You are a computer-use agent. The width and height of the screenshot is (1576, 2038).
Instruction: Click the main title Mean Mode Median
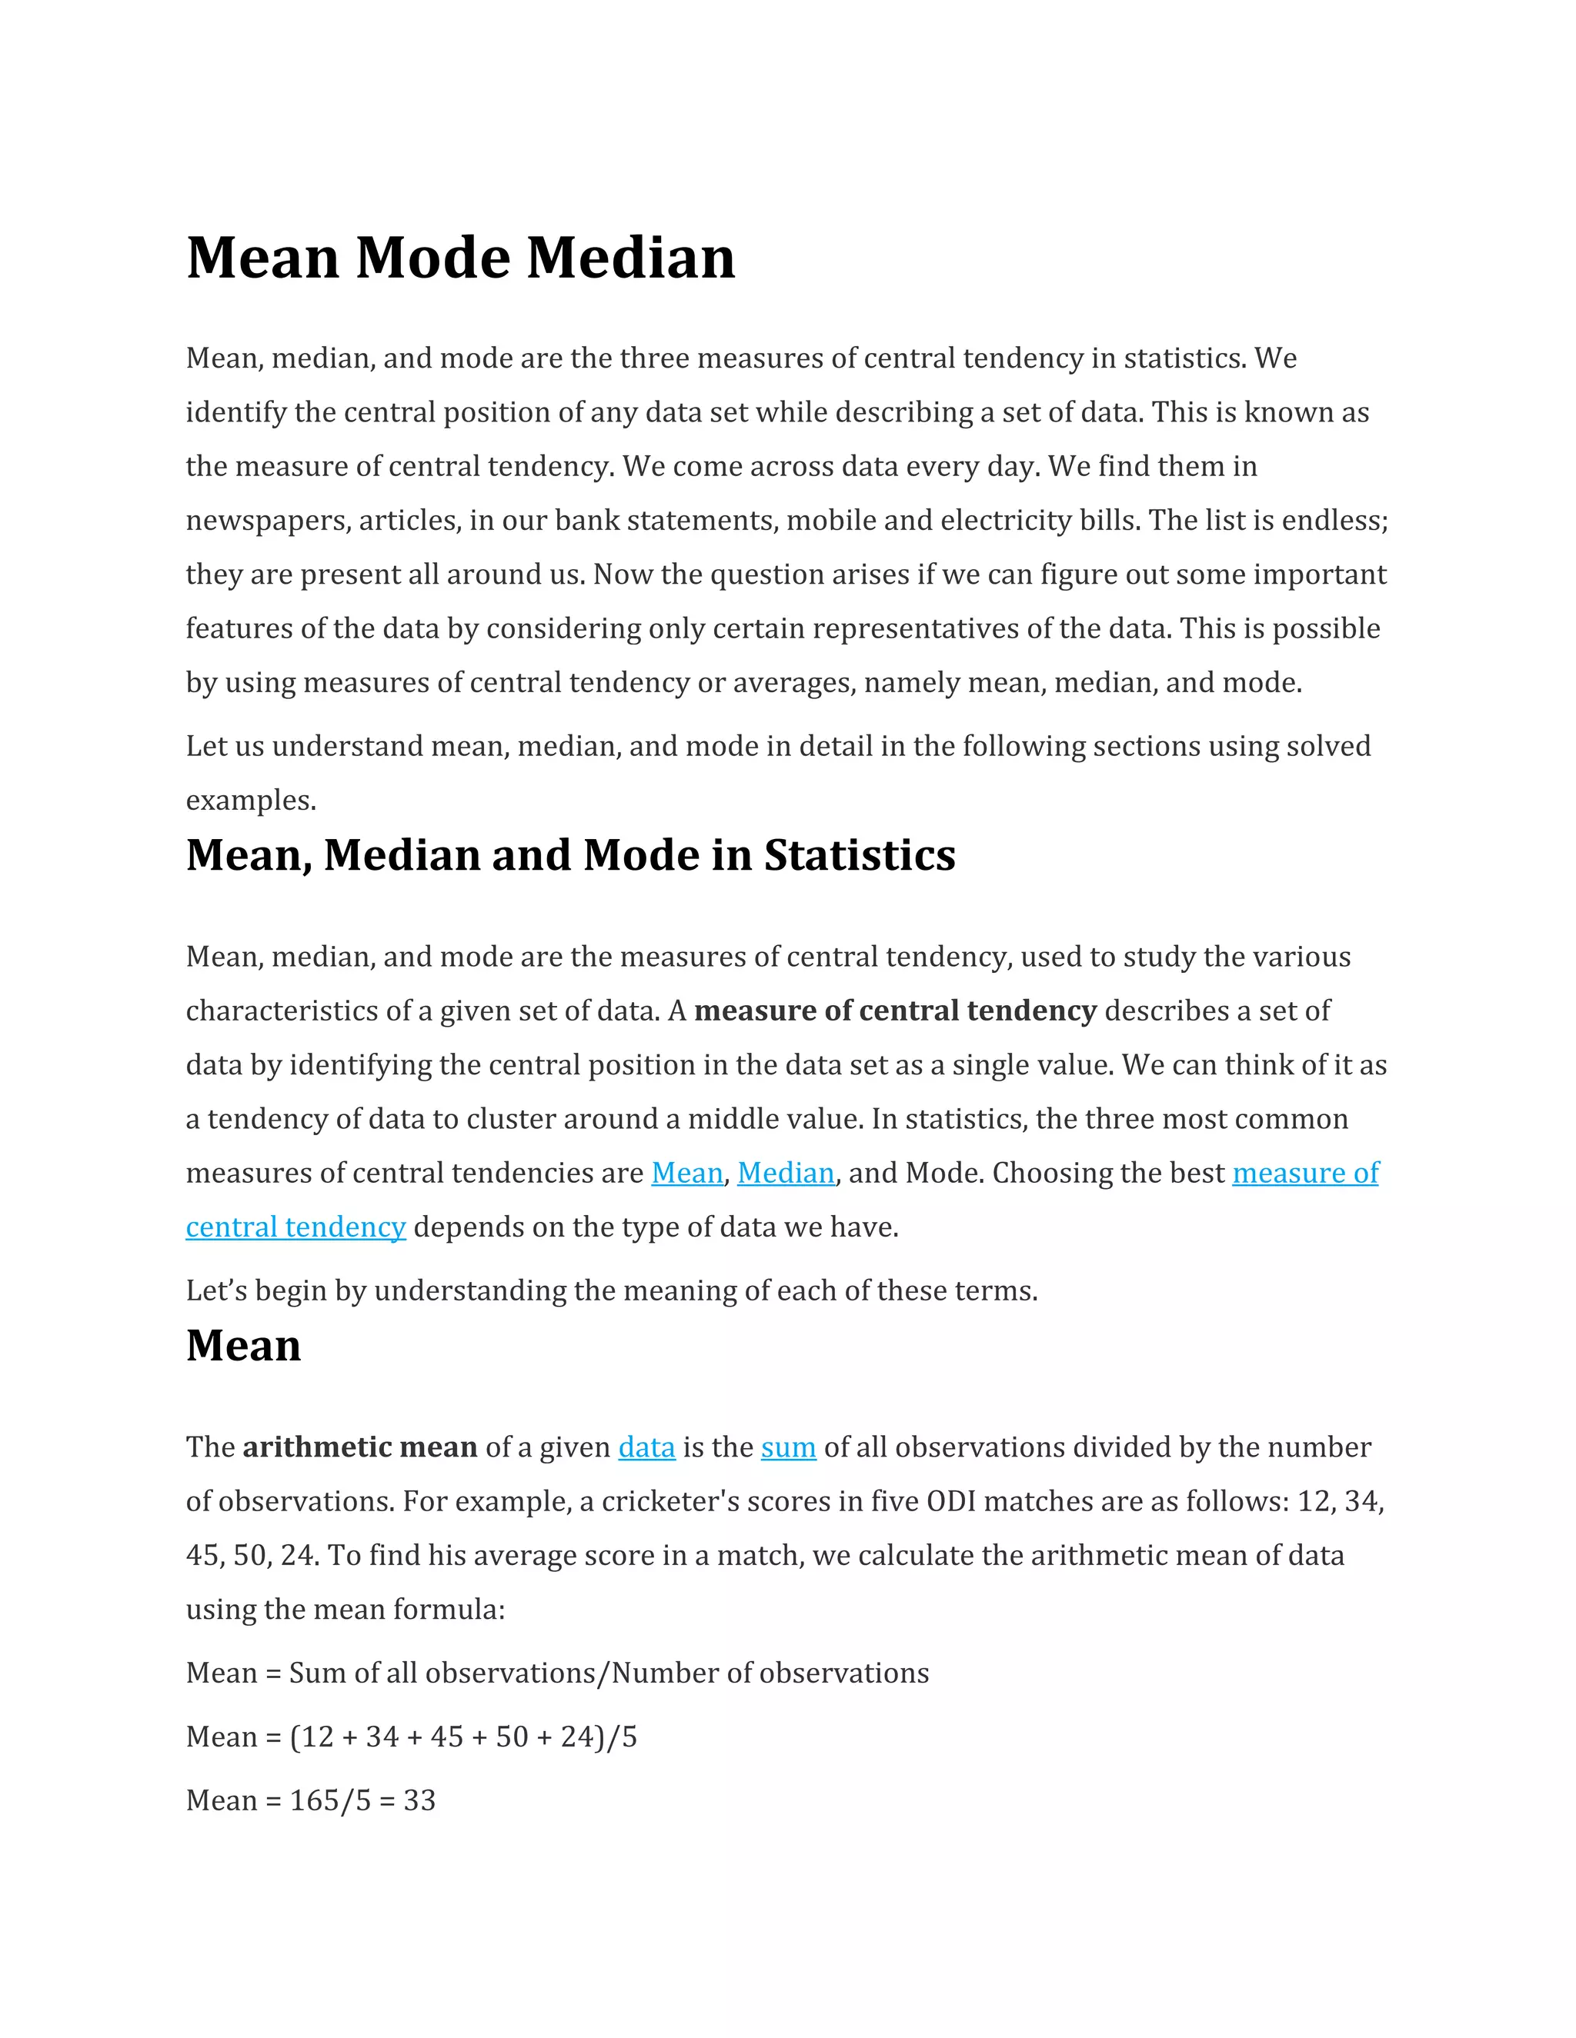tap(460, 258)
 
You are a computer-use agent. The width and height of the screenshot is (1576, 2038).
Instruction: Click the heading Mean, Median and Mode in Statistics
tap(569, 856)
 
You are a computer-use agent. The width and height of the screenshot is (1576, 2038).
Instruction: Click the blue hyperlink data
tap(646, 1447)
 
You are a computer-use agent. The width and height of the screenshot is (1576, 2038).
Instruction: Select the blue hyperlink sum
tap(788, 1447)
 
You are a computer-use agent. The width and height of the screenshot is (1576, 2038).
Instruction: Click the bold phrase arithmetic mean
tap(359, 1447)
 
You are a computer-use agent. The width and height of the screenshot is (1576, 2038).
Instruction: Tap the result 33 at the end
tap(419, 1800)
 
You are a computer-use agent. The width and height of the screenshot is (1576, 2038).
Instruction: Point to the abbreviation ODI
tap(950, 1501)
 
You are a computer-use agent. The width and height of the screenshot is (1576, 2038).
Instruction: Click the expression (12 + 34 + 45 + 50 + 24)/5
tap(463, 1737)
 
